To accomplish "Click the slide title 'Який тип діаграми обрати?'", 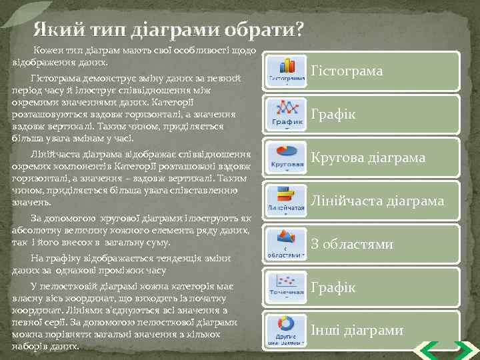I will point(168,30).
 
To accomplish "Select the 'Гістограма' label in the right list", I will point(347,71).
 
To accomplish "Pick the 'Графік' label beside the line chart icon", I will point(333,115).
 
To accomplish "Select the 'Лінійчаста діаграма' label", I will point(377,201).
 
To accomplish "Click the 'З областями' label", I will point(352,245).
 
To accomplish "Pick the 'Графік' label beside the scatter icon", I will point(333,288).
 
